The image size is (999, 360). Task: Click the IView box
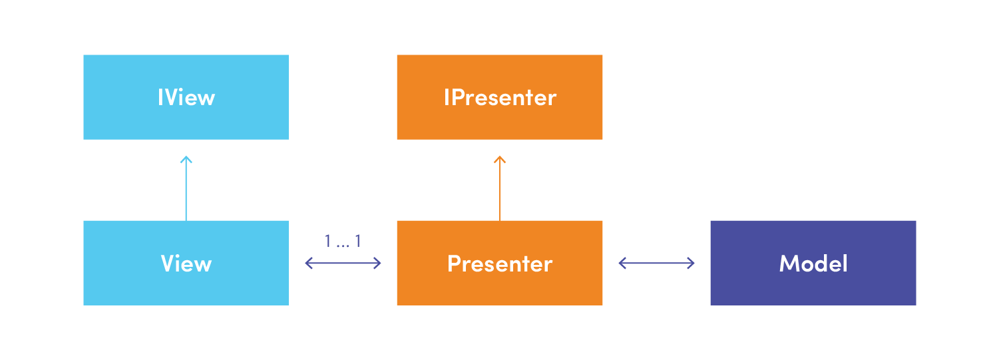click(x=186, y=97)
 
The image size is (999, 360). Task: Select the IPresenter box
click(x=499, y=97)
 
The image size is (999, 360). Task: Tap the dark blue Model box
click(x=813, y=264)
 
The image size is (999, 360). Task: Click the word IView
click(x=186, y=97)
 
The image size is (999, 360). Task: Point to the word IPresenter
click(x=500, y=97)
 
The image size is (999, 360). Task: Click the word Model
click(x=813, y=264)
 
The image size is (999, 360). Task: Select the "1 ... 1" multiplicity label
click(x=343, y=241)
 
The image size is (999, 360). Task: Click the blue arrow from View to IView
click(x=186, y=188)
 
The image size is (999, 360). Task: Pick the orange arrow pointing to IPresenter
click(x=499, y=188)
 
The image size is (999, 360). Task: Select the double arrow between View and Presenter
click(x=343, y=264)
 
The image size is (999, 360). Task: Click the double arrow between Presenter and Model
click(x=656, y=264)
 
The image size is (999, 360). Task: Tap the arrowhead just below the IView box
click(x=186, y=159)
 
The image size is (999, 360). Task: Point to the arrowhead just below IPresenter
click(x=499, y=159)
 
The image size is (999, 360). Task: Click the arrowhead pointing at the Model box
click(x=692, y=264)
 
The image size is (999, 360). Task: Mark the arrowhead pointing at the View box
click(x=309, y=264)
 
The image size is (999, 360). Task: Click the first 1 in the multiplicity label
click(x=328, y=241)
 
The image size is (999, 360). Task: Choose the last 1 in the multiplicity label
click(x=357, y=241)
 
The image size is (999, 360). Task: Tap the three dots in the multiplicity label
click(x=343, y=246)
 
